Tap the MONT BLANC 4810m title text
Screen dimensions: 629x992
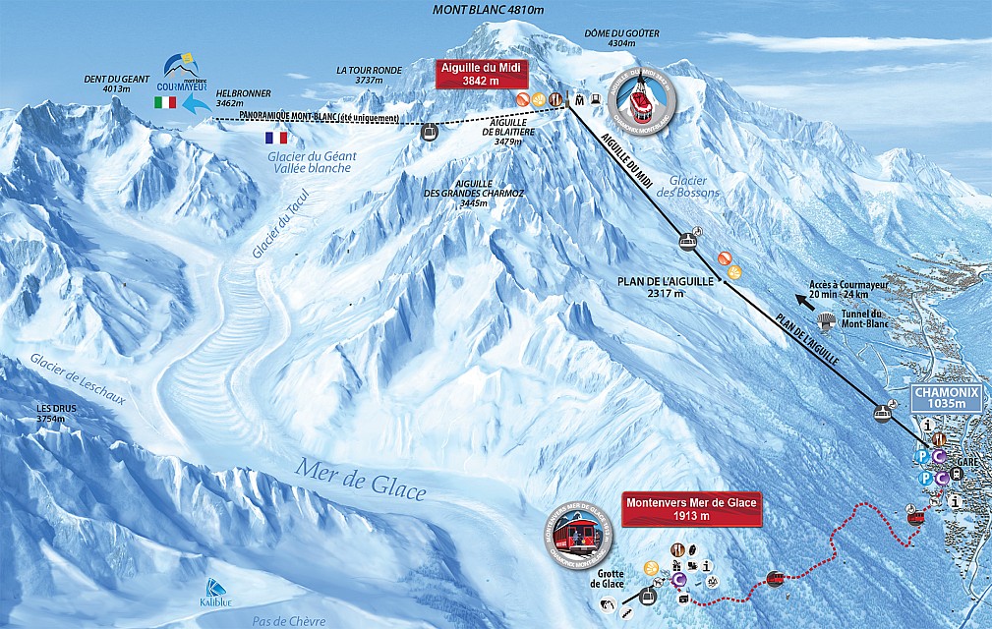click(x=489, y=10)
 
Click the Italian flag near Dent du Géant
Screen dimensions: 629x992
click(x=165, y=102)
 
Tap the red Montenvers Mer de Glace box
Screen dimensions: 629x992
click(x=691, y=509)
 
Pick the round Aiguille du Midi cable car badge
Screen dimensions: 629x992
click(x=643, y=97)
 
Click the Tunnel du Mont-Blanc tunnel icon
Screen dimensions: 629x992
click(x=830, y=319)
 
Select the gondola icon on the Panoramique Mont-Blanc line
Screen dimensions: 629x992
click(x=430, y=132)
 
